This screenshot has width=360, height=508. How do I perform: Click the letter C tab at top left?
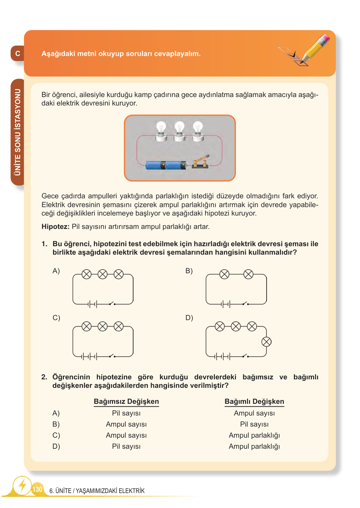coord(18,54)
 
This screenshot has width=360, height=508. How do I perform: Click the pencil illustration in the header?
coord(314,49)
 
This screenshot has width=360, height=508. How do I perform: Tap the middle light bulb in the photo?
coord(179,131)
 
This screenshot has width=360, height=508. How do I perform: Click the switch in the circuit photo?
coord(200,162)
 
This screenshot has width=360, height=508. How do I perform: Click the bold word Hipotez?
coord(55,227)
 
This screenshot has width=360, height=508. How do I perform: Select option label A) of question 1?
coord(56,271)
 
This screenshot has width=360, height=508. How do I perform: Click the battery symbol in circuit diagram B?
coord(225,304)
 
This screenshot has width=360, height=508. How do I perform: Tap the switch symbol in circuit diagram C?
coord(112,356)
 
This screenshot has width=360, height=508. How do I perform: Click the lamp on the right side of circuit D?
coord(266,342)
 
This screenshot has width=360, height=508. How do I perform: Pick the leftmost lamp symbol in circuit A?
coord(87,274)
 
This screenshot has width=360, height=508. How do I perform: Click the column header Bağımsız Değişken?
coord(126,402)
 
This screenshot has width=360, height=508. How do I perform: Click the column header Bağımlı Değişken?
coord(254,402)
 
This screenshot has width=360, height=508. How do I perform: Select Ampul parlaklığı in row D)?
coord(254,446)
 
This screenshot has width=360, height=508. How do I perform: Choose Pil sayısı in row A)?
coord(126,413)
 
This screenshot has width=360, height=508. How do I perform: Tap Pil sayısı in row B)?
coord(254,424)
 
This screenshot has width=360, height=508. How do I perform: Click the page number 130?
coord(37,489)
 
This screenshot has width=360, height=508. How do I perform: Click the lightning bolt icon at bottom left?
coord(22,486)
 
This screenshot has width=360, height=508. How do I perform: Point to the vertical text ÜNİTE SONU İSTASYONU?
coord(18,132)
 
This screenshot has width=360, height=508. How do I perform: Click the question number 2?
coord(44,377)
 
